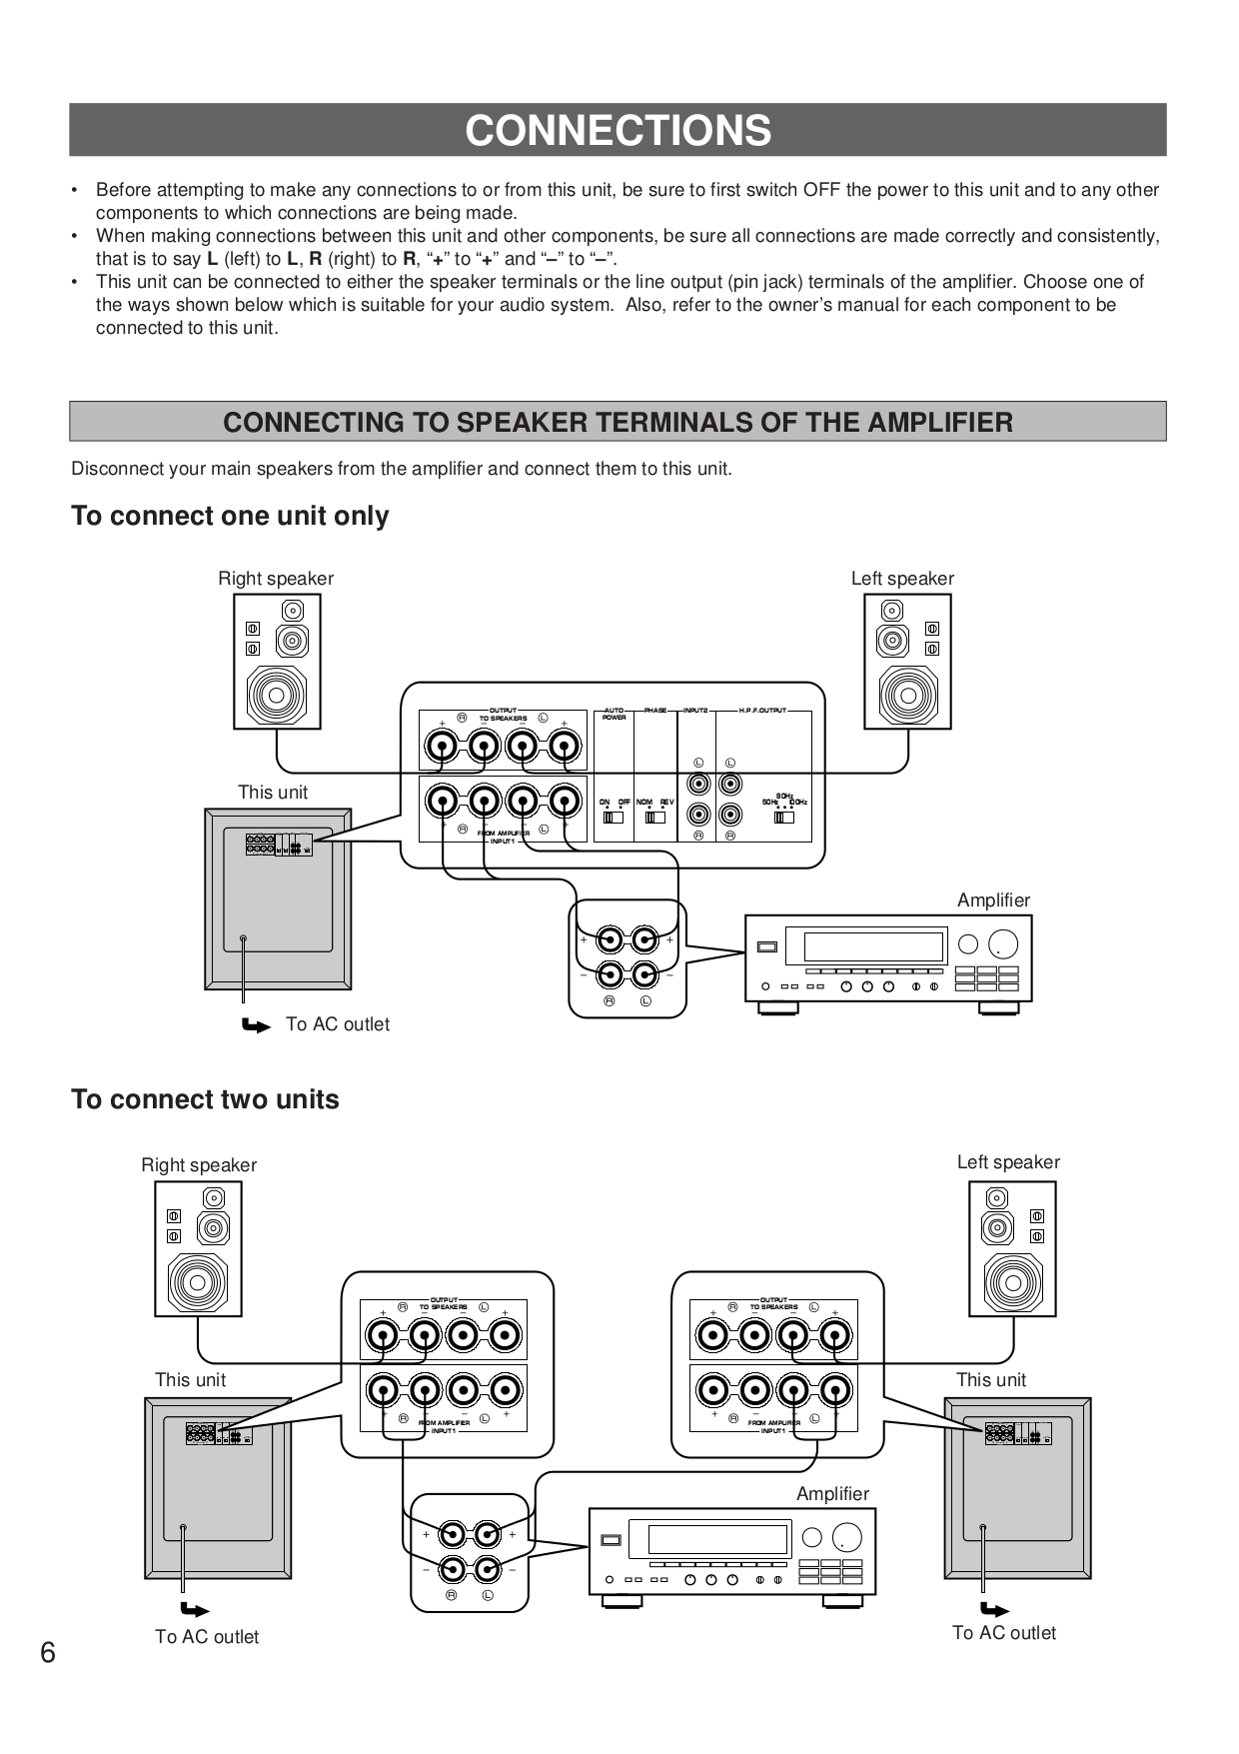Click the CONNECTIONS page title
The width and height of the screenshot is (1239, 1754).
tap(618, 131)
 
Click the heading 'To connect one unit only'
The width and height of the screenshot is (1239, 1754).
tap(230, 516)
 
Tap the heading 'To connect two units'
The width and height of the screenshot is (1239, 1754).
tap(205, 1099)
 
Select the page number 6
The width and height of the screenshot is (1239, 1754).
tap(48, 1652)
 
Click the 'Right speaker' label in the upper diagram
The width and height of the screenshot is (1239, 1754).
tap(276, 579)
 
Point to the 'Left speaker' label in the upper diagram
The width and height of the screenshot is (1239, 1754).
tap(902, 579)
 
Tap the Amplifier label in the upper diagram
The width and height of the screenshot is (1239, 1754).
tap(993, 900)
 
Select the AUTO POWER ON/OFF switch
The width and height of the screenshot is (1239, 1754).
tap(614, 817)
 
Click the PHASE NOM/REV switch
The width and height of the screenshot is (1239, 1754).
tap(655, 817)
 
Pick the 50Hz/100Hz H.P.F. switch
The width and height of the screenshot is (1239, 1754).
tap(784, 817)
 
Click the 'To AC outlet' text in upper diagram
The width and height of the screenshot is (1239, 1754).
tap(338, 1024)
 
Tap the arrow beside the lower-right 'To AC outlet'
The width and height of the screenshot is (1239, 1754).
tap(994, 1610)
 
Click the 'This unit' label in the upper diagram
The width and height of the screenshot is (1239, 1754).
tap(273, 793)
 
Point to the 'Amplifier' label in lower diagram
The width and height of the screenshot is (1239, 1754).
tap(832, 1494)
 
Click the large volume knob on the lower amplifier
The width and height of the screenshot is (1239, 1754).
tap(846, 1538)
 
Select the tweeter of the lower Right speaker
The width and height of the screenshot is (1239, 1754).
tap(214, 1197)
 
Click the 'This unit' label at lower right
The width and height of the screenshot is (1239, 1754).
tap(990, 1380)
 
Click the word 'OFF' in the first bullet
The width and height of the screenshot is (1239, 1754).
tap(822, 190)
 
